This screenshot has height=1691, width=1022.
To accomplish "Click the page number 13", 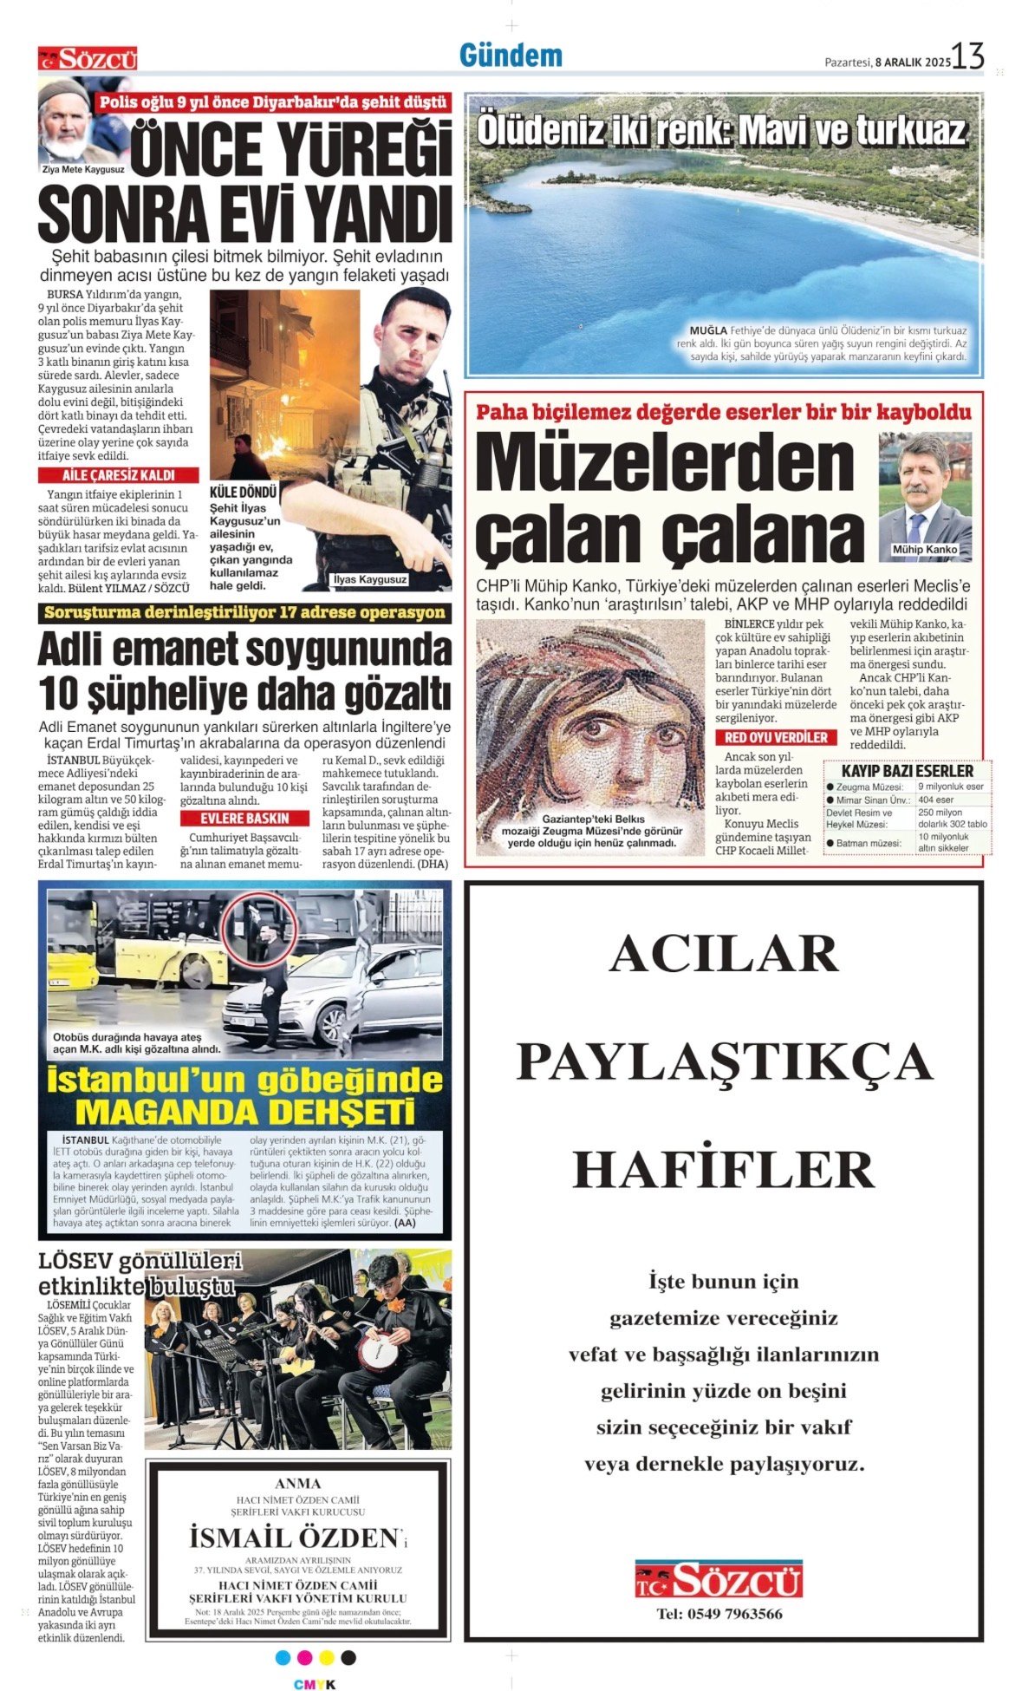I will [x=967, y=56].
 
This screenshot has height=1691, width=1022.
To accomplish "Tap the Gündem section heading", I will [x=511, y=56].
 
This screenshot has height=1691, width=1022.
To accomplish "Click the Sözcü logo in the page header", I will [x=88, y=59].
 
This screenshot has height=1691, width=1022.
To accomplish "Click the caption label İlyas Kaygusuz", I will [x=369, y=579].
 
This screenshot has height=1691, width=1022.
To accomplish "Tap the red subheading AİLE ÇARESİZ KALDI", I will [x=118, y=475].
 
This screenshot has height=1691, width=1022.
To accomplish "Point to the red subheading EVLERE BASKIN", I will [x=244, y=818].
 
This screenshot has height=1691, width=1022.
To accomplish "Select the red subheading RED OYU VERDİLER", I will [x=776, y=737].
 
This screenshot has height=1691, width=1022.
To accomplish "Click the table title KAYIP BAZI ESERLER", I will [x=907, y=770].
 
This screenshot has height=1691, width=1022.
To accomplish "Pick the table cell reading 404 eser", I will [x=936, y=800].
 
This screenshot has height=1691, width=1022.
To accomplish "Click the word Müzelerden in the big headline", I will [x=665, y=462].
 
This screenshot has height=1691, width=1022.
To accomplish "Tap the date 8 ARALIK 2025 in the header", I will [x=913, y=62].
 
